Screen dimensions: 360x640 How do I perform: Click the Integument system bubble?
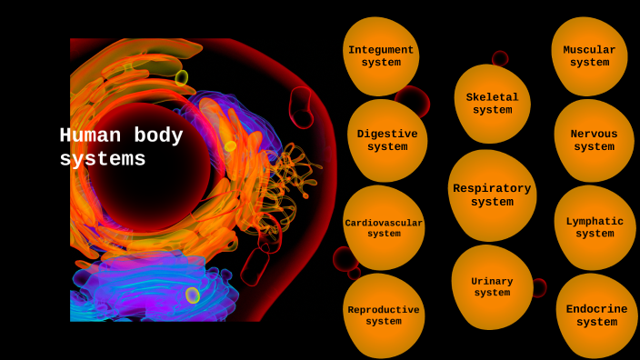381,56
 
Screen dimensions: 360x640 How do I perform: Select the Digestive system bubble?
387,141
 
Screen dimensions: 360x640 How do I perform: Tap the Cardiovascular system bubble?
384,228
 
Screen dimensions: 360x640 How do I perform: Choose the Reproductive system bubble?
384,315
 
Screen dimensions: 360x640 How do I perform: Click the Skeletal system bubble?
492,104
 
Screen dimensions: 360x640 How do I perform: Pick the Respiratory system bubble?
492,195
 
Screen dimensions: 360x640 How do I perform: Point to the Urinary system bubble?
492,287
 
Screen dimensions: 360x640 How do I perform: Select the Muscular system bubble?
589,56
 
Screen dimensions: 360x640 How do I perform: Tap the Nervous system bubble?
594,141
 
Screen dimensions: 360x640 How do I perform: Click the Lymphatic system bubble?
595,227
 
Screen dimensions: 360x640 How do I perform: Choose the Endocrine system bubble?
596,315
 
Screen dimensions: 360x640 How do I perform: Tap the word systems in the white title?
102,160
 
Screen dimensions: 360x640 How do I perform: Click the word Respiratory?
492,189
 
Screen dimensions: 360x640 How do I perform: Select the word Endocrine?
596,309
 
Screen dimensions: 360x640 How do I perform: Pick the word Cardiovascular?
384,223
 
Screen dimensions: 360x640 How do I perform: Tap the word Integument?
381,50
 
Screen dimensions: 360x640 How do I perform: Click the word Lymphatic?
595,221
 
